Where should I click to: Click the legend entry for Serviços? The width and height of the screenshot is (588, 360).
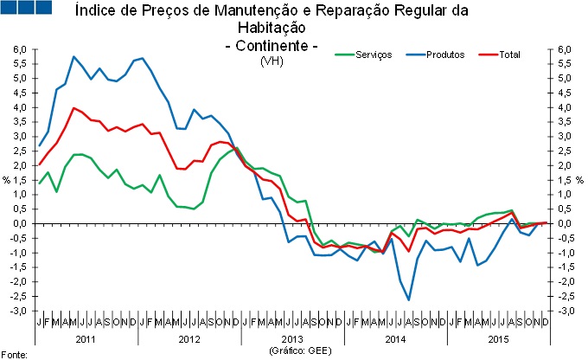tap(372, 55)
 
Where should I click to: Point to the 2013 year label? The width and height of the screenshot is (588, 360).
tap(293, 339)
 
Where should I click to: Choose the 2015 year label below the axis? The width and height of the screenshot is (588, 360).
tap(497, 339)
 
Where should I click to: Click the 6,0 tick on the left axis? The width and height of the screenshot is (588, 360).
tap(20, 49)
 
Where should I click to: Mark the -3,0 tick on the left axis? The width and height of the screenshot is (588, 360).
tap(18, 311)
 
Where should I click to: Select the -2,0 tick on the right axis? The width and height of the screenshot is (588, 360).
tap(566, 281)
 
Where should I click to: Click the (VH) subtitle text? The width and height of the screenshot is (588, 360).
tap(272, 61)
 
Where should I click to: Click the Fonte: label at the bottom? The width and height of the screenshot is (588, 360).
tap(15, 354)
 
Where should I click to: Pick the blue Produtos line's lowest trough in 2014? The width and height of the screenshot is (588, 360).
tap(408, 299)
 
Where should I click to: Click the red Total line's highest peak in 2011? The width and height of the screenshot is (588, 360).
tap(74, 108)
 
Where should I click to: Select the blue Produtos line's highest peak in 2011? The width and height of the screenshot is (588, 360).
tap(74, 57)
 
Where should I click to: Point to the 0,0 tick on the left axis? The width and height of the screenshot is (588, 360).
tap(20, 223)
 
